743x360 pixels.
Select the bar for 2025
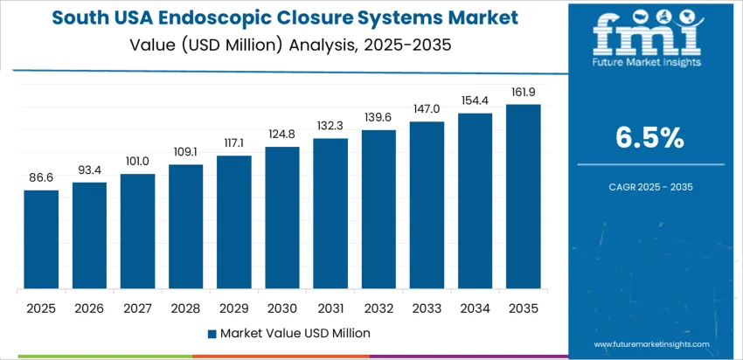pyautogui.click(x=41, y=240)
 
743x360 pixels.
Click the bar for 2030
pyautogui.click(x=282, y=218)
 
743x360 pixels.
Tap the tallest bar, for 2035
pyautogui.click(x=524, y=197)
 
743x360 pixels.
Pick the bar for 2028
pyautogui.click(x=185, y=227)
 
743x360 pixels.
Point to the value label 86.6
pyautogui.click(x=41, y=177)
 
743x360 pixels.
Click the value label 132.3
pyautogui.click(x=330, y=126)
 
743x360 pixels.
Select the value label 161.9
pyautogui.click(x=524, y=92)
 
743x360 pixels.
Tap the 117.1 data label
pyautogui.click(x=234, y=143)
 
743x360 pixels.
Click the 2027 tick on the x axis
pyautogui.click(x=137, y=308)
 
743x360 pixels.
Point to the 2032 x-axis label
pyautogui.click(x=378, y=308)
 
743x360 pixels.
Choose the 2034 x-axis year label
pyautogui.click(x=476, y=308)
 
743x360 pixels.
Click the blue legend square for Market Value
pyautogui.click(x=212, y=333)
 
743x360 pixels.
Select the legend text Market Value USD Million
pyautogui.click(x=295, y=333)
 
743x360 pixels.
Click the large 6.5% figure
pyautogui.click(x=650, y=138)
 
